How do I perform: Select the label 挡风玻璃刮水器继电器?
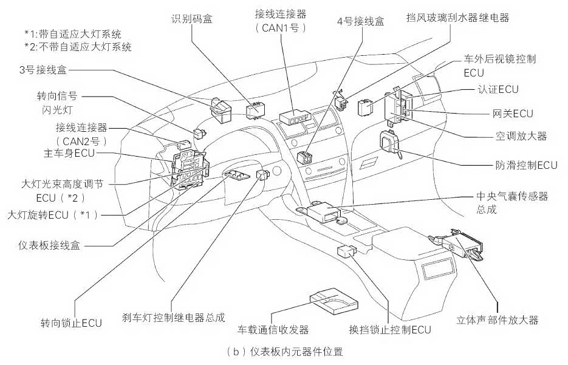(x=457, y=18)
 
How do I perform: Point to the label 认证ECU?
(x=498, y=89)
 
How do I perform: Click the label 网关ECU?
(x=513, y=113)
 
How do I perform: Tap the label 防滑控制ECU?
(x=526, y=165)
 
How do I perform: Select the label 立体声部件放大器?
(x=498, y=320)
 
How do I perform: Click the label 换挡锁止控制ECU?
(x=390, y=330)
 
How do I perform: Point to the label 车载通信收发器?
(x=273, y=330)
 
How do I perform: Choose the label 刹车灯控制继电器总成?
(x=174, y=317)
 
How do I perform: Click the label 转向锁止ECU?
(x=71, y=322)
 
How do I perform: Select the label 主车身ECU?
(x=69, y=153)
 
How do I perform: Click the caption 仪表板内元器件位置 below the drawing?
(x=284, y=352)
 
